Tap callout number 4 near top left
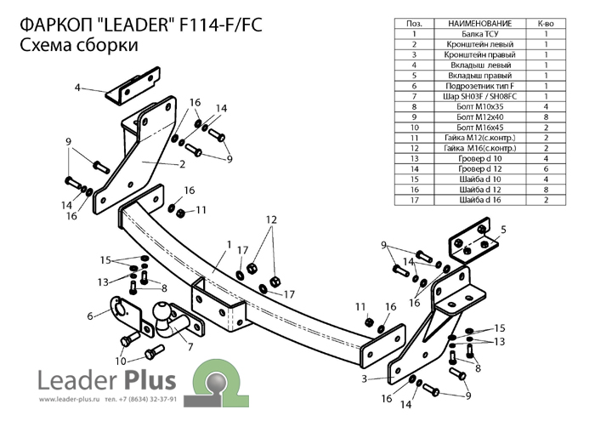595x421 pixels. [x=76, y=87]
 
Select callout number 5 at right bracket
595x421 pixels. [x=503, y=229]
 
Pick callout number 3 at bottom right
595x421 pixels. [x=364, y=378]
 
